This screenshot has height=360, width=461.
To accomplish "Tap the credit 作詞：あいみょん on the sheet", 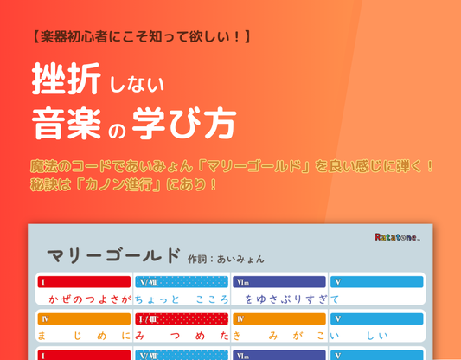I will click(226, 258).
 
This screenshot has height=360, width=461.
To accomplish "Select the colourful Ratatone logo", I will click(397, 237).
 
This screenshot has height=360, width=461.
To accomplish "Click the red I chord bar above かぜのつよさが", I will click(84, 281).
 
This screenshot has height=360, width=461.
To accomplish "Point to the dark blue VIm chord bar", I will click(279, 281).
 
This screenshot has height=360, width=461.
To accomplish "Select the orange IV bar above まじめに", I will click(84, 318).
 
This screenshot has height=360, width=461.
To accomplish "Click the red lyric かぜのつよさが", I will click(90, 299).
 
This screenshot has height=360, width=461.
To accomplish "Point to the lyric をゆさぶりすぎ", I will click(286, 299).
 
